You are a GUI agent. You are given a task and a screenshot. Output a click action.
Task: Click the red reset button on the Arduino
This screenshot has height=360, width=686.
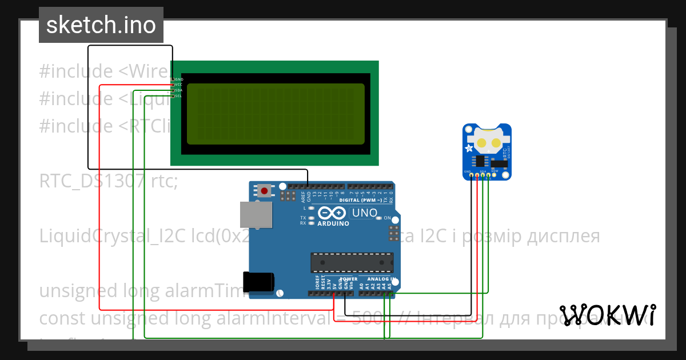tap(264, 190)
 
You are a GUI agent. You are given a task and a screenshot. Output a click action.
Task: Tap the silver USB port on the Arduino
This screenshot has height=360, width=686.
tap(256, 215)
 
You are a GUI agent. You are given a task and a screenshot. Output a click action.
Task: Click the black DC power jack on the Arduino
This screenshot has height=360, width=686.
tap(258, 282)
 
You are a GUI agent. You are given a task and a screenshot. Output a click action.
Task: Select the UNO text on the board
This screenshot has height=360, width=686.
tap(365, 213)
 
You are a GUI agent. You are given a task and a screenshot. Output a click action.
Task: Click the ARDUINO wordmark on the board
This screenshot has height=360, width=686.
tap(334, 223)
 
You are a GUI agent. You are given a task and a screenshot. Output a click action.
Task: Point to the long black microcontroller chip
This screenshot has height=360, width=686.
tap(352, 262)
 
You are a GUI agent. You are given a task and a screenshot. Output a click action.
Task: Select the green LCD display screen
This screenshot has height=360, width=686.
tap(276, 114)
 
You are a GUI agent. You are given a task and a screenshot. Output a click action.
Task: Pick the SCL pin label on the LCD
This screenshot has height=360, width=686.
tap(178, 96)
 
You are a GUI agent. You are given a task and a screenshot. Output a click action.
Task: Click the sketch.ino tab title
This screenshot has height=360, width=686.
tap(101, 25)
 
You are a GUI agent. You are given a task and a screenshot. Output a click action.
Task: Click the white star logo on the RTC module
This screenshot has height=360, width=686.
tap(470, 149)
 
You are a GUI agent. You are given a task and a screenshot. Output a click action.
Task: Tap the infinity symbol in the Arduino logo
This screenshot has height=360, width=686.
tap(332, 213)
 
